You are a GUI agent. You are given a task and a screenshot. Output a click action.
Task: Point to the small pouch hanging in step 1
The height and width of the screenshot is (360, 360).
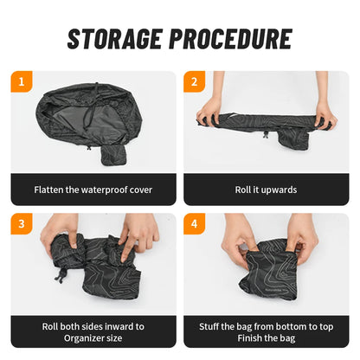click(113, 153)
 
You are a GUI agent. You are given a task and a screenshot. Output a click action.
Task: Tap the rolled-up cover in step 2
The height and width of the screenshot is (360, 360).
click(265, 120)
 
